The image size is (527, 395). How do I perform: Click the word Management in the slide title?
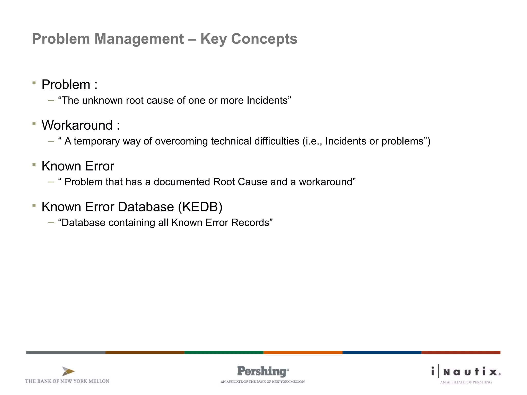pos(139,39)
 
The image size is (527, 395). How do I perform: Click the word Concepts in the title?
pos(264,39)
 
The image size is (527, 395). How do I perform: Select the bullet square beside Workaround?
pos(34,124)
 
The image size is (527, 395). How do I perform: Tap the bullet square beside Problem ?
pos(34,83)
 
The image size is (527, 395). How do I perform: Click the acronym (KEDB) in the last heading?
pos(200,207)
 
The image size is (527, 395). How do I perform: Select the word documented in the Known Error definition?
pos(182,182)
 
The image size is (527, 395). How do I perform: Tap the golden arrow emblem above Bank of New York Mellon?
pos(68,371)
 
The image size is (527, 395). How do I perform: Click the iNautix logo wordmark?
pos(466,372)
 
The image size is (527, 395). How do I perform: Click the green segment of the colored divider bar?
pos(224,352)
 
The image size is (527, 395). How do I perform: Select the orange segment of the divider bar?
pos(303,352)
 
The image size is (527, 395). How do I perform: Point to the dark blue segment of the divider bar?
pos(382,352)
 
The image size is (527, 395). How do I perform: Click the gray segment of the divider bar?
pos(66,352)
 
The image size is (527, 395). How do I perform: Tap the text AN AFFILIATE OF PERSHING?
pos(466,382)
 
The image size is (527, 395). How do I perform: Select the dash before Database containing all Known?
pos(51,223)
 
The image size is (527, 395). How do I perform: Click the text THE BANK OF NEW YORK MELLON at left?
pos(67,381)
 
